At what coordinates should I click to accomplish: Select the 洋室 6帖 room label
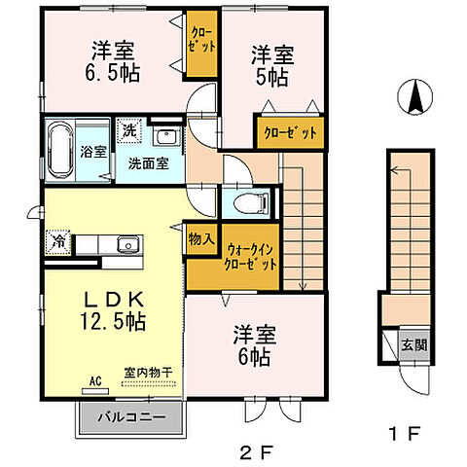point(254,347)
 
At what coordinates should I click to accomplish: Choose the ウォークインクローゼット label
point(251,256)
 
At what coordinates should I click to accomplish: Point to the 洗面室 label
point(149,163)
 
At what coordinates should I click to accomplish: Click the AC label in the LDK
point(95,380)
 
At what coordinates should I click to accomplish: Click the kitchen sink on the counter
point(124,244)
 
